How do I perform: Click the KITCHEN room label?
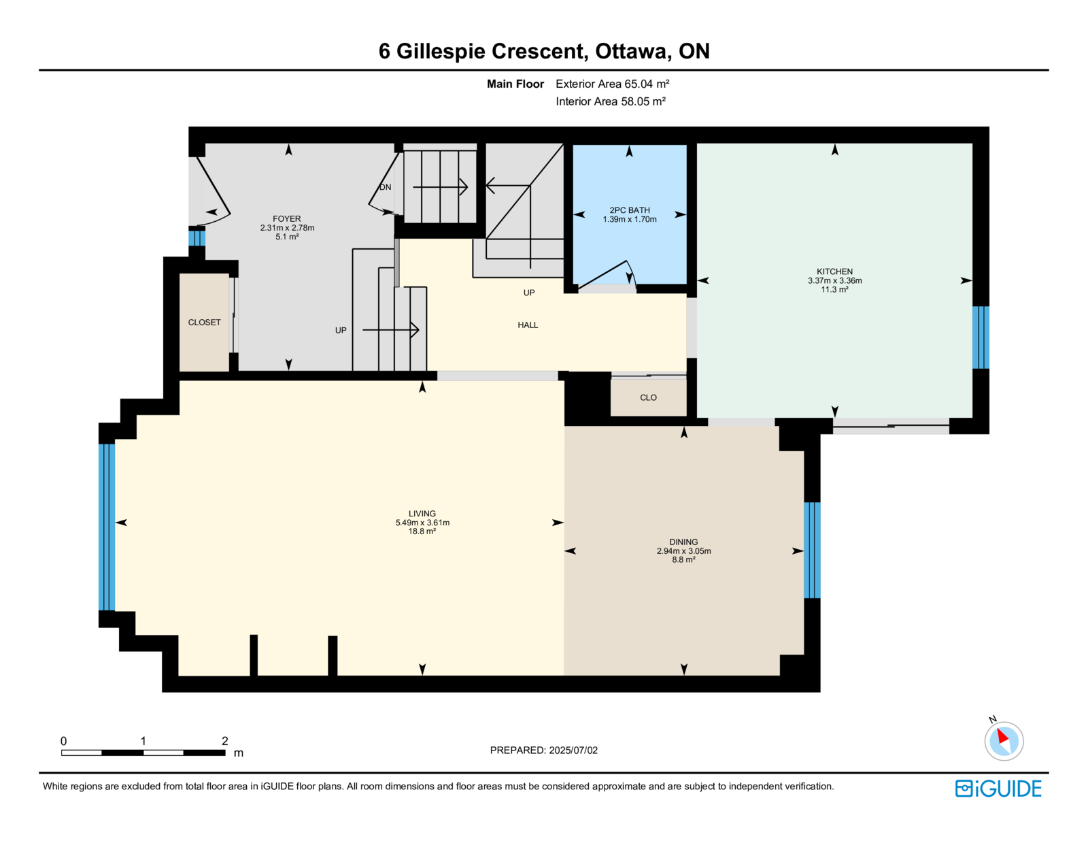[x=834, y=271]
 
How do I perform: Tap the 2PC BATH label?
[x=630, y=210]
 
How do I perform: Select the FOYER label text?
[x=287, y=219]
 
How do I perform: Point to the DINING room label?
[x=683, y=542]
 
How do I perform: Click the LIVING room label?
[x=422, y=514]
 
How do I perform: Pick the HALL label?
[x=528, y=325]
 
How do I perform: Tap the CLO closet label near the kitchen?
[x=648, y=398]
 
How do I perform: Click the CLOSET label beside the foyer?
[x=204, y=323]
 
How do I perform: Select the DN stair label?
[x=385, y=187]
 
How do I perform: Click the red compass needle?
[x=1002, y=736]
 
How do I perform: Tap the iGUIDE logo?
[x=998, y=789]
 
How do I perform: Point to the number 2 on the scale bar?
[x=225, y=741]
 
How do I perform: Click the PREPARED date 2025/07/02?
[x=573, y=751]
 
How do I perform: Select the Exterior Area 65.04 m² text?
[x=613, y=84]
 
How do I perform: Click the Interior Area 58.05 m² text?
[x=611, y=101]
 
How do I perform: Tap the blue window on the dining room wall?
[x=812, y=550]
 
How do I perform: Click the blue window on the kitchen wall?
[x=981, y=337]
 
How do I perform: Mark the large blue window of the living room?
[x=107, y=527]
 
